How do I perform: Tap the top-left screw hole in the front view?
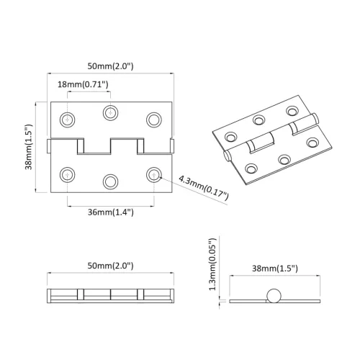(x=68, y=118)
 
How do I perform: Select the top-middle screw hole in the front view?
(x=110, y=112)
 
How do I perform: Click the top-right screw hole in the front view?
(x=153, y=118)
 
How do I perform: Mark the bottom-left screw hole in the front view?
(x=68, y=174)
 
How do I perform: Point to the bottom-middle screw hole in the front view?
(x=110, y=180)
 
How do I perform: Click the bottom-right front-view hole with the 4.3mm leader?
(x=153, y=174)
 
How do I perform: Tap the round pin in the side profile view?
(x=273, y=296)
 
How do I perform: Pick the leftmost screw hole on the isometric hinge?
(x=231, y=135)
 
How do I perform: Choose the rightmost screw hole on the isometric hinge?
(x=312, y=143)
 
